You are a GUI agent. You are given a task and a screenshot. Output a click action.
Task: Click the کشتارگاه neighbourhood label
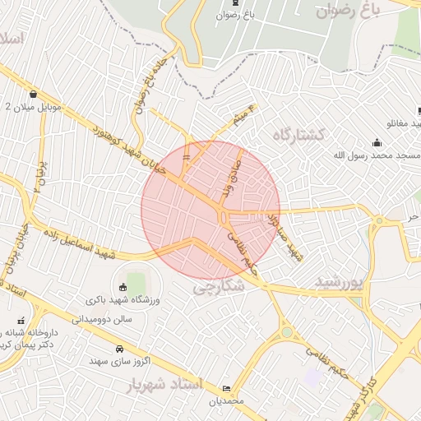(x=299, y=133)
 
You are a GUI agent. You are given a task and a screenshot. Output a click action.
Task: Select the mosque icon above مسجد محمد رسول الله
(x=376, y=142)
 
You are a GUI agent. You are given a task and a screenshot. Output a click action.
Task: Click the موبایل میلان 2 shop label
(x=32, y=107)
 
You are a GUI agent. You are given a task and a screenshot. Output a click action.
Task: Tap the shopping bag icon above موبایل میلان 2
(x=32, y=94)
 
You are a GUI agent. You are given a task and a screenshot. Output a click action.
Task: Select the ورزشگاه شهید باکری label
(x=123, y=300)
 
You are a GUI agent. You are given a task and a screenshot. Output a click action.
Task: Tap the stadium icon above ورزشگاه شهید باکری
(x=124, y=287)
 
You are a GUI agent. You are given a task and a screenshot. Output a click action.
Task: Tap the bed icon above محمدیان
(x=227, y=388)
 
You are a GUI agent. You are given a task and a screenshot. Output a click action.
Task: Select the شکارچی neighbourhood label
(x=219, y=287)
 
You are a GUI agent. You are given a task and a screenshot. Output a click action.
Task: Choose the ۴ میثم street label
(x=243, y=116)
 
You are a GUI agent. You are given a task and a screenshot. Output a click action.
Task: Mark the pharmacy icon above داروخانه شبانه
(x=21, y=320)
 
